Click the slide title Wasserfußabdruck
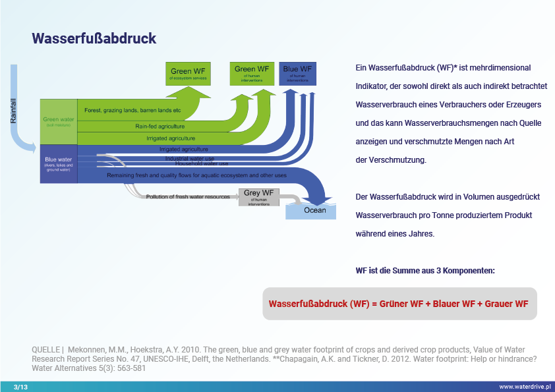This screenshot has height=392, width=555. [94, 38]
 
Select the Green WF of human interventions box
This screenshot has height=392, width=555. [252, 73]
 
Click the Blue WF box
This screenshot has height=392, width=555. [297, 73]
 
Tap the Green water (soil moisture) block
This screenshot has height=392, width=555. [58, 122]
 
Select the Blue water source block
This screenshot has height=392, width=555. [58, 164]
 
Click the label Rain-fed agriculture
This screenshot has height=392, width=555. [160, 126]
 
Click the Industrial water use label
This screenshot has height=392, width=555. [189, 158]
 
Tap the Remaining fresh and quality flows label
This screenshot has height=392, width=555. [196, 175]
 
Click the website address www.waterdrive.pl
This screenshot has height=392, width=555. [525, 387]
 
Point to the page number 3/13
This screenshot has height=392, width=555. [21, 387]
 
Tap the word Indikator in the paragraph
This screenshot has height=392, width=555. [375, 86]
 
